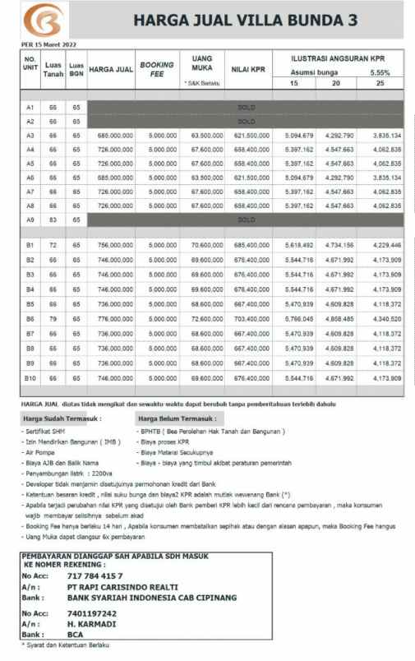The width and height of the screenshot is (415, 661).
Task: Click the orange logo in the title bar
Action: pos(37,19)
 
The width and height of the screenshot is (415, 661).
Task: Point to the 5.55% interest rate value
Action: pos(392,72)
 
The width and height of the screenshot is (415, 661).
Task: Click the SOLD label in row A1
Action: pos(247,107)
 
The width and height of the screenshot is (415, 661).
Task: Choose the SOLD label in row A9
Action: pos(247,220)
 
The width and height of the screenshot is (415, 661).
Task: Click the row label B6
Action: pos(30,318)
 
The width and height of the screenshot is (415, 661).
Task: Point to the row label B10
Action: pos(30,378)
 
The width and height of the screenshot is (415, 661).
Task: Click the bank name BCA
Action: pos(75,635)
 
